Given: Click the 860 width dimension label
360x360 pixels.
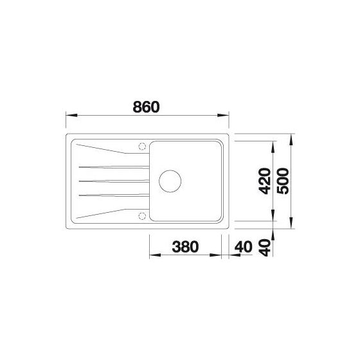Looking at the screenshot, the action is coord(147,107).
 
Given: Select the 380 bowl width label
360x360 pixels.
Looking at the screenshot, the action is coord(185,247).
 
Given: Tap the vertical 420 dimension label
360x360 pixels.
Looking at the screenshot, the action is coord(264,181).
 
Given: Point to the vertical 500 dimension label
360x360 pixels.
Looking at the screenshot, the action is coord(283,181).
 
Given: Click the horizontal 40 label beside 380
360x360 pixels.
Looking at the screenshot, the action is coord(244,247).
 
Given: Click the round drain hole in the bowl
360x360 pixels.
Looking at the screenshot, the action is coord(170,181).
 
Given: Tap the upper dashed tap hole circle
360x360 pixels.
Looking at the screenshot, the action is coord(142,147).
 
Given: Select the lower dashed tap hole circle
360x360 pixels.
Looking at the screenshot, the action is coord(142,216).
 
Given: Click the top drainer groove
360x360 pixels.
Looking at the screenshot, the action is coord(114,167).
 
